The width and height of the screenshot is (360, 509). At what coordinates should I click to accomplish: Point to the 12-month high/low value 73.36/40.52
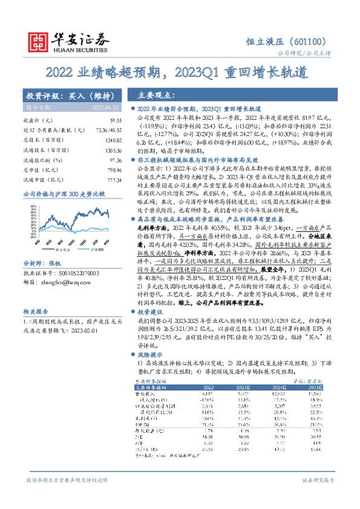(100, 130)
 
